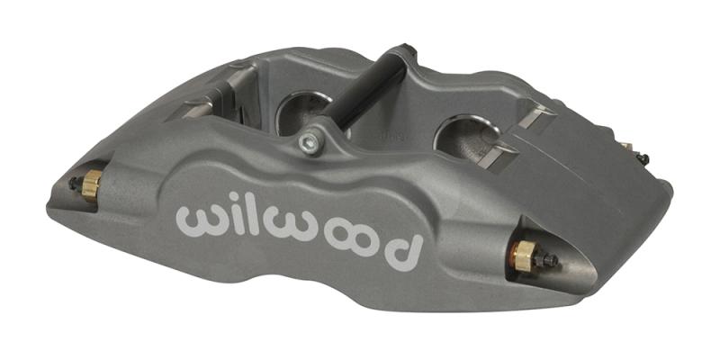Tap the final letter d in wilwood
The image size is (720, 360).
(405, 246)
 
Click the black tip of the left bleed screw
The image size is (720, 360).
(73, 183)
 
